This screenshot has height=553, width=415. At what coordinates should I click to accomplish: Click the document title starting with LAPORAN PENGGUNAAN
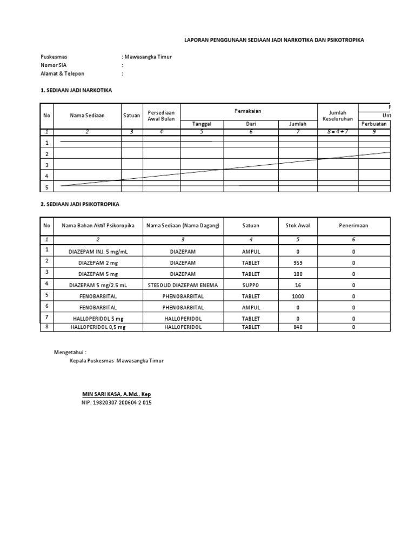[x=274, y=40]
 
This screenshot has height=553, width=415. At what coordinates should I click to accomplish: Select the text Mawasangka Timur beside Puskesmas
[x=148, y=57]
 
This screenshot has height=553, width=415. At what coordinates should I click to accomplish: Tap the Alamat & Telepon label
[x=63, y=74]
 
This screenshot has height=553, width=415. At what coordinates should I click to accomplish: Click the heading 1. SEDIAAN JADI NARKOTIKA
[x=76, y=90]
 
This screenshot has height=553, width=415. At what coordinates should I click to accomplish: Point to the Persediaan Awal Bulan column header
[x=161, y=116]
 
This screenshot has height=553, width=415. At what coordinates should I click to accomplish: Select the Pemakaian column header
[x=248, y=111]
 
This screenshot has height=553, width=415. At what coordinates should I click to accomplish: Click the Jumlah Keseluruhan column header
[x=337, y=116]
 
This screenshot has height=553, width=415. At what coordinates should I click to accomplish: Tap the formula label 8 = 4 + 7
[x=337, y=131]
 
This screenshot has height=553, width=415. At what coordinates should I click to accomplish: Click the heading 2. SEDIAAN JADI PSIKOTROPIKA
[x=80, y=205]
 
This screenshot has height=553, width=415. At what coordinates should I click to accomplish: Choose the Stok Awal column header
[x=297, y=226]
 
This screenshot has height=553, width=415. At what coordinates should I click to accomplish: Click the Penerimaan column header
[x=353, y=226]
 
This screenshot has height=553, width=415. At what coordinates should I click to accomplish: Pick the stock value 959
[x=297, y=263]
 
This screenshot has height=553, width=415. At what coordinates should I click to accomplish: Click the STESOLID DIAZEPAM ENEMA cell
[x=183, y=285]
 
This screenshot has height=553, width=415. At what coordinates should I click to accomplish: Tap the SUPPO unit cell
[x=251, y=285]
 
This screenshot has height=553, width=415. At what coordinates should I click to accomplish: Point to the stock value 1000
[x=297, y=296]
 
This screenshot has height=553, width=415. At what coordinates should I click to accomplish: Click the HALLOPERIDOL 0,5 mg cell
[x=98, y=327]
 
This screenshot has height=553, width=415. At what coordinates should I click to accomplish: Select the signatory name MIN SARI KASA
[x=116, y=395]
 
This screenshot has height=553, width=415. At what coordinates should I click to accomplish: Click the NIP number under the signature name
[x=116, y=403]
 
